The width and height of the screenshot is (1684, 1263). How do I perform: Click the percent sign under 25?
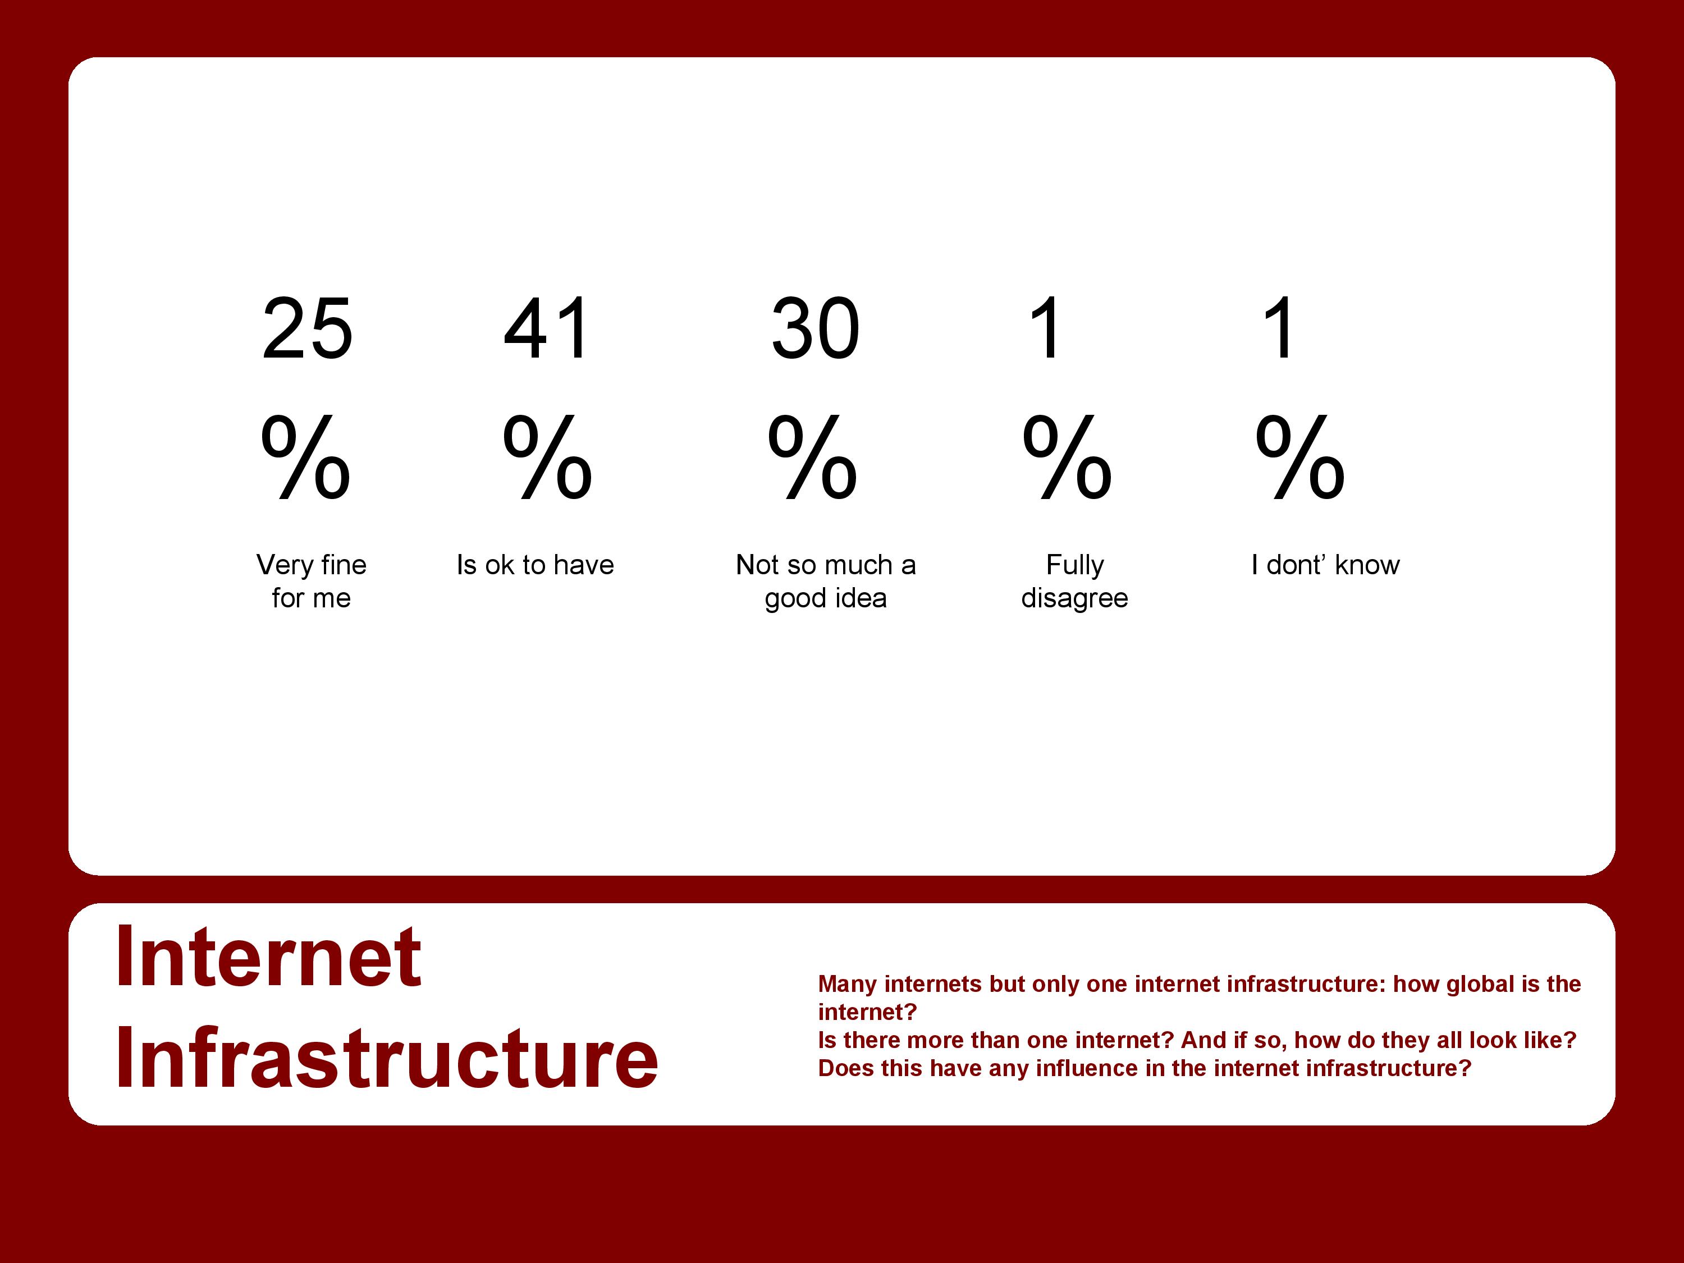tap(305, 457)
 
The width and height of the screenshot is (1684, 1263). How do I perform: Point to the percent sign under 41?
tap(547, 457)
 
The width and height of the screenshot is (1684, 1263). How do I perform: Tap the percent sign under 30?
tap(812, 457)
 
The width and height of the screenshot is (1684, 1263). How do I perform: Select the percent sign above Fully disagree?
tap(1067, 457)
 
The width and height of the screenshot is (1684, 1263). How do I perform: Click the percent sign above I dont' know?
tap(1300, 457)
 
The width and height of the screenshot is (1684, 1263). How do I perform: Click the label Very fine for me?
tap(312, 581)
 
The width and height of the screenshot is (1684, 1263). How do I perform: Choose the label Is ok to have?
tap(535, 565)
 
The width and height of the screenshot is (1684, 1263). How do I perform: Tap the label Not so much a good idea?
tap(826, 581)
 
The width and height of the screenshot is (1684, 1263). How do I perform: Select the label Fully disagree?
tap(1074, 581)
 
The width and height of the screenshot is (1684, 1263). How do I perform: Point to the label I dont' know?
tap(1325, 565)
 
